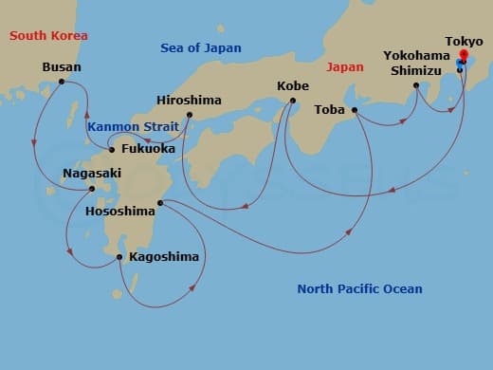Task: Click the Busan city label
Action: [62, 67]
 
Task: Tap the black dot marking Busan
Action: [62, 82]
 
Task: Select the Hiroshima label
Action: [190, 101]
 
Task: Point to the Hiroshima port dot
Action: [190, 116]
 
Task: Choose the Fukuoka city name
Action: [148, 149]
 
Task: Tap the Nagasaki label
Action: [92, 174]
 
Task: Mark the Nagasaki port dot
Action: [92, 188]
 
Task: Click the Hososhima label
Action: [119, 211]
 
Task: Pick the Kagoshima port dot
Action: [119, 256]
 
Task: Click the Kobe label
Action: [292, 86]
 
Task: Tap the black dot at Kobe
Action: [292, 101]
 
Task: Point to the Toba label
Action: [330, 109]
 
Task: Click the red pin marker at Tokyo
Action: [463, 56]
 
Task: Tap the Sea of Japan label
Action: [200, 47]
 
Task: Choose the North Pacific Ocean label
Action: [359, 288]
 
